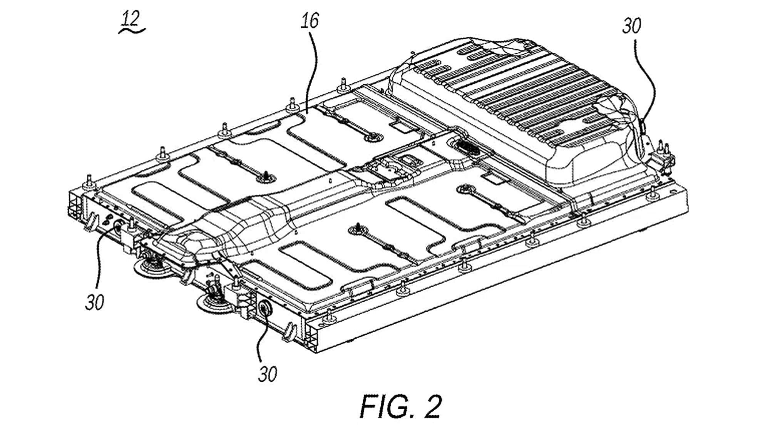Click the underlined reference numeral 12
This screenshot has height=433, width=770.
tap(131, 18)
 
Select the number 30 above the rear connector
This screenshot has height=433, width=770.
tap(631, 26)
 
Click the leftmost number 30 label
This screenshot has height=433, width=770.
tap(94, 302)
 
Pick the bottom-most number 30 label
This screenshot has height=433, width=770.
tap(267, 374)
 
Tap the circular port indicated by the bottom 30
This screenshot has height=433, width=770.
tap(265, 308)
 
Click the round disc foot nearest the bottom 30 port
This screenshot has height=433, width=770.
tap(214, 302)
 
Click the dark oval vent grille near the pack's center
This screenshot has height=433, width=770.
tap(467, 146)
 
